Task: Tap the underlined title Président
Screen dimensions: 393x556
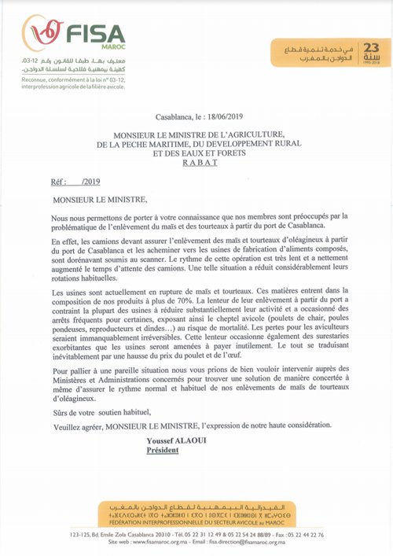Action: coord(163,451)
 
